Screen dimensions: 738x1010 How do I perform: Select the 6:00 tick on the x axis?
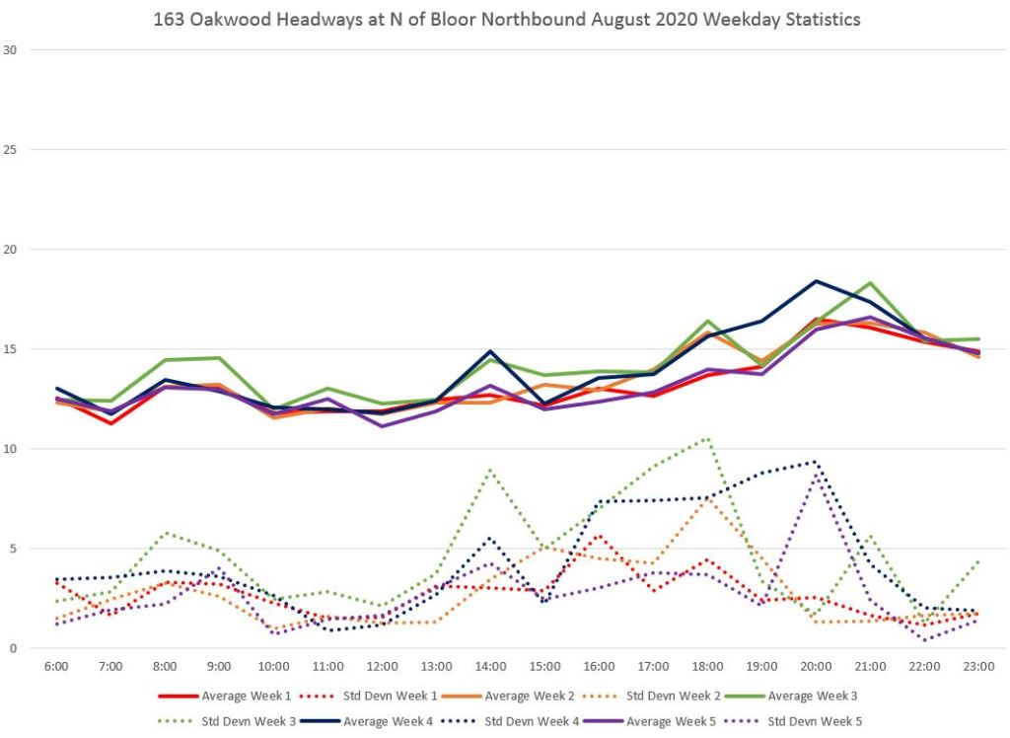tap(57, 667)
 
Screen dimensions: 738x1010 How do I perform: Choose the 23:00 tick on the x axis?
tap(977, 667)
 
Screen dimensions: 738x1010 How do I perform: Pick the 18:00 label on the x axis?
tap(707, 667)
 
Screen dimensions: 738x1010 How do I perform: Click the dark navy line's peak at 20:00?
tap(816, 281)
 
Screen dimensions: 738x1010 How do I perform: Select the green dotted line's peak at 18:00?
tap(707, 437)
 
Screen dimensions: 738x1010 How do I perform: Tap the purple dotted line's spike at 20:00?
tap(816, 476)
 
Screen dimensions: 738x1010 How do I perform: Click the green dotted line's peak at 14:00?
tap(490, 470)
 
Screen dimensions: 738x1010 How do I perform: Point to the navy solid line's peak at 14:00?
tap(490, 351)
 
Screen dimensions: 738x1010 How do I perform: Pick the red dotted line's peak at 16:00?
tap(599, 536)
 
